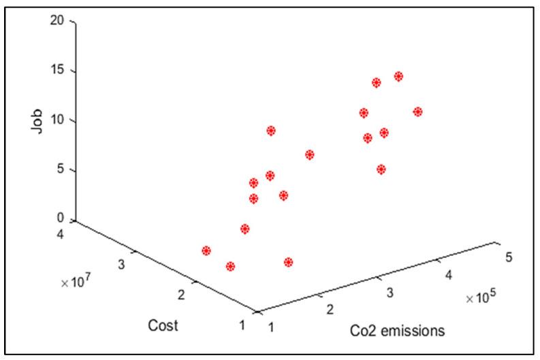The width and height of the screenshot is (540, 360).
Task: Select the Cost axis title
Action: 163,325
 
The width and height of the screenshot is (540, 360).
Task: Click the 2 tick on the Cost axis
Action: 181,295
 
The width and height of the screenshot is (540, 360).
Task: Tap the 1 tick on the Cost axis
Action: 242,325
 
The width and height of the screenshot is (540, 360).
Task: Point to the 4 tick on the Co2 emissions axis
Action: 448,274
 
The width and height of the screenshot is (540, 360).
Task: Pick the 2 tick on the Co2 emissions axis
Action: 329,310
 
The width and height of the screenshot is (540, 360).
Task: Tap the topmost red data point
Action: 398,76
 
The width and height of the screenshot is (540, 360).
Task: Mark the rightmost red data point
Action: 417,112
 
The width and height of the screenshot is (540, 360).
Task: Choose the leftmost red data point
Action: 206,250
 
